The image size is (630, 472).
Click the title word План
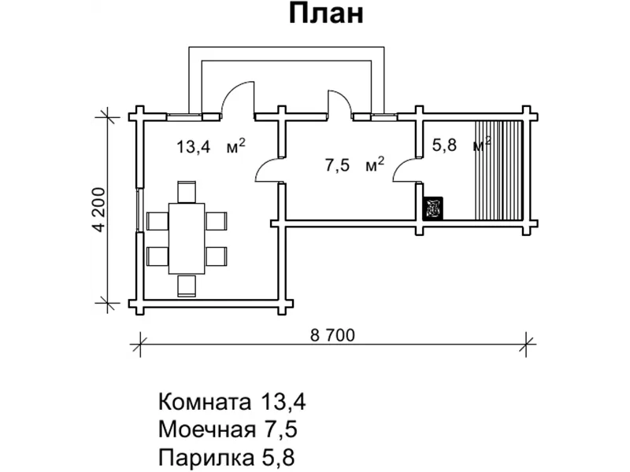pyautogui.click(x=325, y=15)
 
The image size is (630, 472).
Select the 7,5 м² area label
pyautogui.click(x=354, y=164)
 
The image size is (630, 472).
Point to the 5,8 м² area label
pyautogui.click(x=461, y=145)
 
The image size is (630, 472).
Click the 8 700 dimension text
pyautogui.click(x=333, y=334)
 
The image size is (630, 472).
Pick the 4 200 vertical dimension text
pyautogui.click(x=98, y=209)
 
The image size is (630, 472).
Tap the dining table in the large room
pyautogui.click(x=187, y=237)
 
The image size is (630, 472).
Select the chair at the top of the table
pyautogui.click(x=187, y=191)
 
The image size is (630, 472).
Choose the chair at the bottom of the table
pyautogui.click(x=187, y=285)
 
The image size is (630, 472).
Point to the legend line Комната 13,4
pyautogui.click(x=232, y=403)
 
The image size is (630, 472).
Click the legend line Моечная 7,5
pyautogui.click(x=229, y=430)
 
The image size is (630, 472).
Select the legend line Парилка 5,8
pyautogui.click(x=226, y=456)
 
